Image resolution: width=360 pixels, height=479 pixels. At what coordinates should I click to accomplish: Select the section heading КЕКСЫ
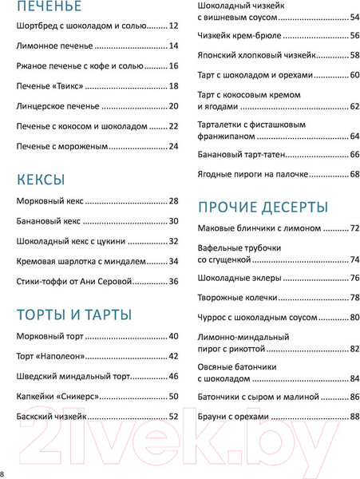[x=41, y=179]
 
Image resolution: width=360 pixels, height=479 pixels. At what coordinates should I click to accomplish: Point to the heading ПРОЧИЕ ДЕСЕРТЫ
[x=263, y=207]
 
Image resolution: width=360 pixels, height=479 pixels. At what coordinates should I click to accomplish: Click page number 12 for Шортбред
[x=173, y=26]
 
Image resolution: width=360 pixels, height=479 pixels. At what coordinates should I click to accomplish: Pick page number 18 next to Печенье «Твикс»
[x=173, y=85]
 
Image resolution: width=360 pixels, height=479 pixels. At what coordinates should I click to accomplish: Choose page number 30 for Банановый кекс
[x=173, y=221]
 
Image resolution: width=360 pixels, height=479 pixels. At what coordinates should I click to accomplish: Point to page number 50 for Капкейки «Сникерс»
[x=173, y=396]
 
